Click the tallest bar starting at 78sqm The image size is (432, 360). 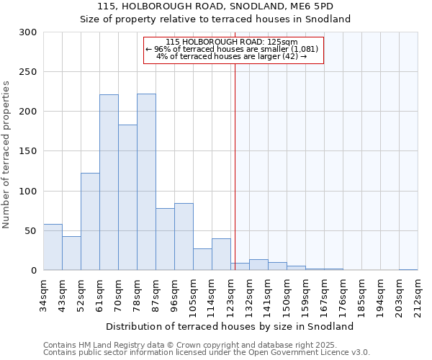(146, 182)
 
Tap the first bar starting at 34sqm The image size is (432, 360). (53, 247)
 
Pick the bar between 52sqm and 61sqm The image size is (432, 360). (90, 222)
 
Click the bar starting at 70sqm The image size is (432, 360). (127, 197)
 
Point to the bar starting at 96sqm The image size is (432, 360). (184, 237)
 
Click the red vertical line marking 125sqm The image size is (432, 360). (235, 166)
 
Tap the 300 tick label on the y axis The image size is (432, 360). (28, 32)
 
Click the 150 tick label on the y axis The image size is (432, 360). (28, 151)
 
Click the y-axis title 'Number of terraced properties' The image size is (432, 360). (6, 155)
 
